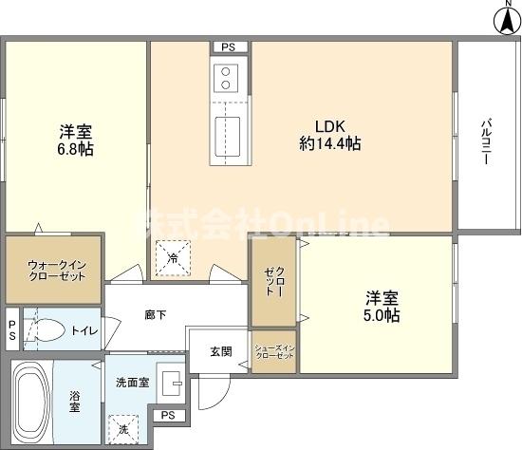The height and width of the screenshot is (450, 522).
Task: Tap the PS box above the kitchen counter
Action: coord(229,47)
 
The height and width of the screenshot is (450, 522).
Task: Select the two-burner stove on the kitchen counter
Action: coord(226,78)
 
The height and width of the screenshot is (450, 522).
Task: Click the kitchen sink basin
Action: coord(228,137)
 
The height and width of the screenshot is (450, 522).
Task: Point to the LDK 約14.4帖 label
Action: coord(330,135)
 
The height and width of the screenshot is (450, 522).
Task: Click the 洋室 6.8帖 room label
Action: coord(76,141)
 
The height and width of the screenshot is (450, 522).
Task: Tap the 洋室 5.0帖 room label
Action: coord(382,307)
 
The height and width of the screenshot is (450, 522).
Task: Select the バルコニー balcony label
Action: coord(486,141)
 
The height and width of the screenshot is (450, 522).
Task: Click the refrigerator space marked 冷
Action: coord(173,258)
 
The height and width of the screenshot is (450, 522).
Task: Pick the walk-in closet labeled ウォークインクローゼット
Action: coord(53,271)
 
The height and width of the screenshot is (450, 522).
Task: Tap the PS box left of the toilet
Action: coord(12,329)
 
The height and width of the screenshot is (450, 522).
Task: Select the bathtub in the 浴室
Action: coord(31,402)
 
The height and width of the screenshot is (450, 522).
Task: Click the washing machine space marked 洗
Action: coord(123,429)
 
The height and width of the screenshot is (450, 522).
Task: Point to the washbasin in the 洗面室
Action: coord(172,383)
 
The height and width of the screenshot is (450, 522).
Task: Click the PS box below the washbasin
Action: coord(168,416)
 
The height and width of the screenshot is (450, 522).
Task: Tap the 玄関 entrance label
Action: coord(221,351)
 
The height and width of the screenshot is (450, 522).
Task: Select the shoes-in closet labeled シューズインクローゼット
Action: coord(274,351)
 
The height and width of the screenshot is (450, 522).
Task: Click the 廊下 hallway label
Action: coord(156,314)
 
